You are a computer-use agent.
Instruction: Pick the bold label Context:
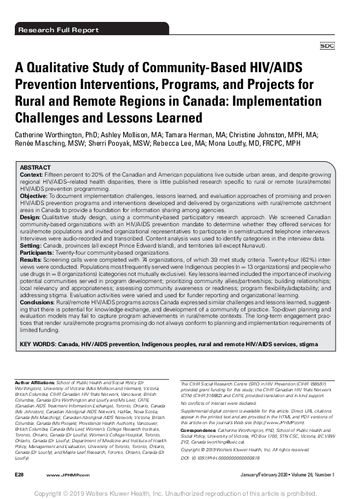pos(32,174)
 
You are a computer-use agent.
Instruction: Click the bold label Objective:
pos(35,195)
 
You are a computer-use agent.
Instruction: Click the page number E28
pos(19,475)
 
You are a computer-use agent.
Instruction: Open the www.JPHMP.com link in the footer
pos(63,475)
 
